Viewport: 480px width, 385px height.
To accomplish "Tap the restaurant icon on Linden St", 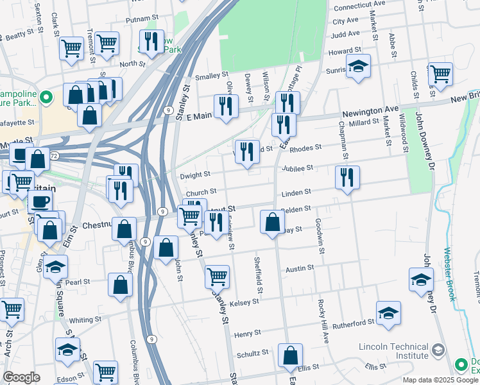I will [x=347, y=177].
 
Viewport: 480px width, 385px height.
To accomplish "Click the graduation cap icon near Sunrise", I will [x=358, y=65].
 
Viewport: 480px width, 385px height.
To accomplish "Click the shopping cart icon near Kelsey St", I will [x=217, y=277].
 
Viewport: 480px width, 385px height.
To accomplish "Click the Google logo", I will [x=21, y=377].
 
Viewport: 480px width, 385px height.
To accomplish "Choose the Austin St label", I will [x=300, y=268].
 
